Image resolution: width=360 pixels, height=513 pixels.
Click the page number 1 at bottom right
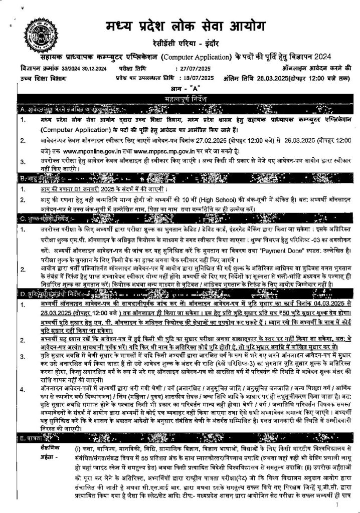point(338,505)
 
